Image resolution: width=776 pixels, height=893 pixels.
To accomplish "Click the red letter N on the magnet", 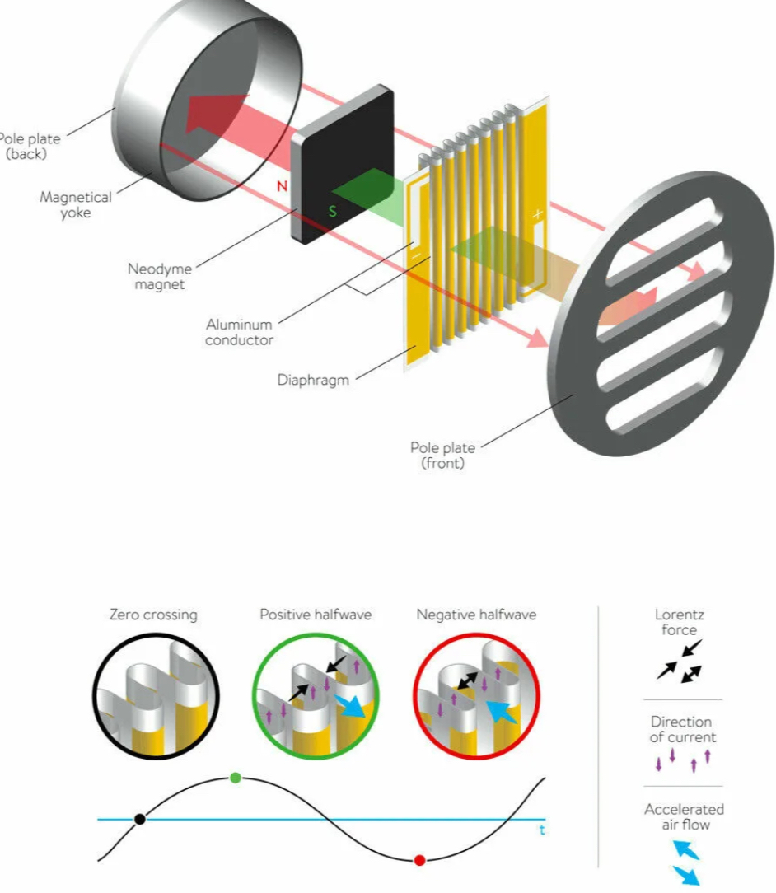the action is [282, 186].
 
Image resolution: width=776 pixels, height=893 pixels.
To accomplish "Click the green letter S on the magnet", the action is [333, 211].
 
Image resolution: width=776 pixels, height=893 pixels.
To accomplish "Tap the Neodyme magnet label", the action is [160, 277].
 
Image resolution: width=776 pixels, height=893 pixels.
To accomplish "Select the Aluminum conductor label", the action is [239, 333].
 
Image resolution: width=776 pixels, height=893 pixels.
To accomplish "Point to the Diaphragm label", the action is [313, 381].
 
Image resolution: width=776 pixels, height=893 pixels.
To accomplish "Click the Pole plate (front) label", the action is [443, 455].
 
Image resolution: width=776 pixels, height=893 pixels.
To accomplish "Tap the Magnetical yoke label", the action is [76, 205].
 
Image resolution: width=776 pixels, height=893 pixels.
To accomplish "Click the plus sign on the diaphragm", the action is [537, 214].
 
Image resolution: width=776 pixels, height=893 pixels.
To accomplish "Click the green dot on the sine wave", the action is [235, 778].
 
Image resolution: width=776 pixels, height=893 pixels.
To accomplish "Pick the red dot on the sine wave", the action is [419, 861].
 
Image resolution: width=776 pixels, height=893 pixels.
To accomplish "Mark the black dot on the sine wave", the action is [139, 819].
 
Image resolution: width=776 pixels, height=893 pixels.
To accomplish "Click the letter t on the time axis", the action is [542, 830].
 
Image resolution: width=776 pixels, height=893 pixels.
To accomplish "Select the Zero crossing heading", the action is [154, 615].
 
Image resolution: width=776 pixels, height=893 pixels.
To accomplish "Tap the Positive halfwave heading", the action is [316, 615].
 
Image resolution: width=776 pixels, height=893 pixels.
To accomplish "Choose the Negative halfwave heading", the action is [476, 615].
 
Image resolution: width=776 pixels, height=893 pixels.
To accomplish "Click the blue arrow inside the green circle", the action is [350, 706].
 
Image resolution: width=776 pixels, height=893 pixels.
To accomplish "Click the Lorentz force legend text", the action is [680, 623].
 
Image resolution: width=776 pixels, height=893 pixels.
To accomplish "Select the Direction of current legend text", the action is [683, 730].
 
